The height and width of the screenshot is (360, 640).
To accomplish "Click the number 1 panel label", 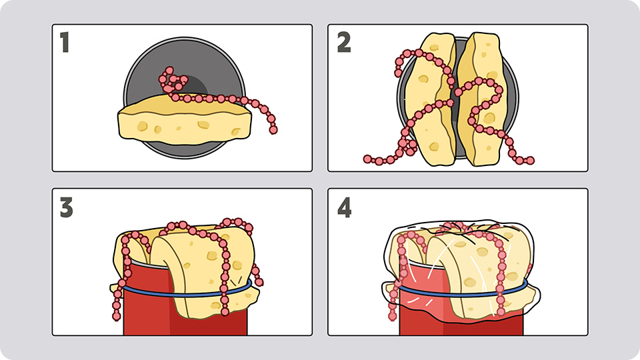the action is point(65,43).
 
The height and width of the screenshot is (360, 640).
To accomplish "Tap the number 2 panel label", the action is point(344,43).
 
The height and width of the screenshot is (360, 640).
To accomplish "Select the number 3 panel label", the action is point(66,207).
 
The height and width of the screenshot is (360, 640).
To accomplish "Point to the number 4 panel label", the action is point(344,207).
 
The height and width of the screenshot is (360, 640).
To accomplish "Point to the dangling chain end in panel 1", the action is point(273,130).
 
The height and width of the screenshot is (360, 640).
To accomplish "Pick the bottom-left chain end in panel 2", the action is point(367,159).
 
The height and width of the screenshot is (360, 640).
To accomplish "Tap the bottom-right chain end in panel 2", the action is point(530,161).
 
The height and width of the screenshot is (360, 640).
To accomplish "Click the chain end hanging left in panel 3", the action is point(116,316).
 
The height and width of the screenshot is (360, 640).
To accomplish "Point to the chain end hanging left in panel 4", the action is point(392,316).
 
